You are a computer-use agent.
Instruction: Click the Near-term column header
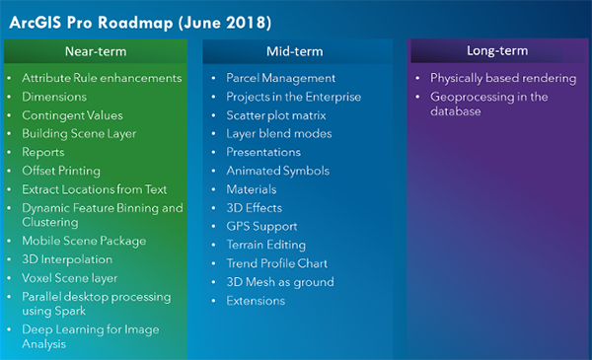tap(96, 51)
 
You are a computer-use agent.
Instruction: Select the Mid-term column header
tap(294, 51)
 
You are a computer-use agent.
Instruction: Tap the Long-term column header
tap(497, 50)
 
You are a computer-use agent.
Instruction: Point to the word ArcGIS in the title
tap(36, 23)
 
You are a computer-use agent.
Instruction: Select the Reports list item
tap(43, 152)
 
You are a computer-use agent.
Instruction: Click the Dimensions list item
tap(54, 97)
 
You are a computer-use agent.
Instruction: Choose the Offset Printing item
tap(61, 171)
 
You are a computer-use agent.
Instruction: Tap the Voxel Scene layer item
tap(69, 278)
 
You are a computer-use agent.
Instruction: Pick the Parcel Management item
tap(280, 78)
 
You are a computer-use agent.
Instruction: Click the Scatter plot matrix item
tap(276, 115)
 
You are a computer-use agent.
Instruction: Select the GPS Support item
tap(261, 227)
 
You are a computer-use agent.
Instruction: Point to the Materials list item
tap(252, 189)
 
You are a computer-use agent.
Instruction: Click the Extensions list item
tap(256, 301)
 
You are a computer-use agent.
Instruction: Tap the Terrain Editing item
tap(266, 245)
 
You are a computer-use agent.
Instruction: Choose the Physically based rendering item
tap(503, 78)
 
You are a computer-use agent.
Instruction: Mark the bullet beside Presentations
tap(214, 152)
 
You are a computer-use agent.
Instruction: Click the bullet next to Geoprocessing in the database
tap(417, 97)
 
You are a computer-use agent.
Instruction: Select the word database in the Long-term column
tap(456, 111)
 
